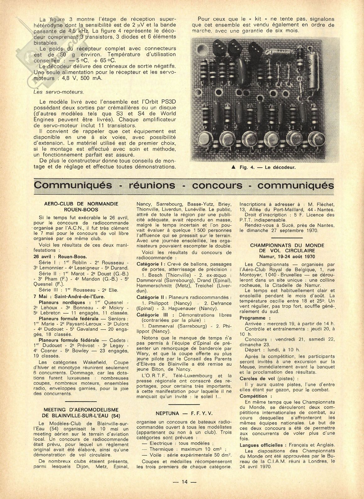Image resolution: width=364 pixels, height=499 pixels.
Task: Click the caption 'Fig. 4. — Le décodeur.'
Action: click(x=267, y=167)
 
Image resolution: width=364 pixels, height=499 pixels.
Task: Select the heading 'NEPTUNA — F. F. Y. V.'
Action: click(x=184, y=414)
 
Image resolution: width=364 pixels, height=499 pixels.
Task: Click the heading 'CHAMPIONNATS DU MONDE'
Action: click(x=287, y=245)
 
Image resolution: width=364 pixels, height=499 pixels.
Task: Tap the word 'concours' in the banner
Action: click(x=217, y=185)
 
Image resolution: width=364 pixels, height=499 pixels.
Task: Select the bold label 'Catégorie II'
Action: click(x=152, y=297)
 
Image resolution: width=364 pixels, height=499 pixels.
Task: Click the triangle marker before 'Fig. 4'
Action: click(x=233, y=168)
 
